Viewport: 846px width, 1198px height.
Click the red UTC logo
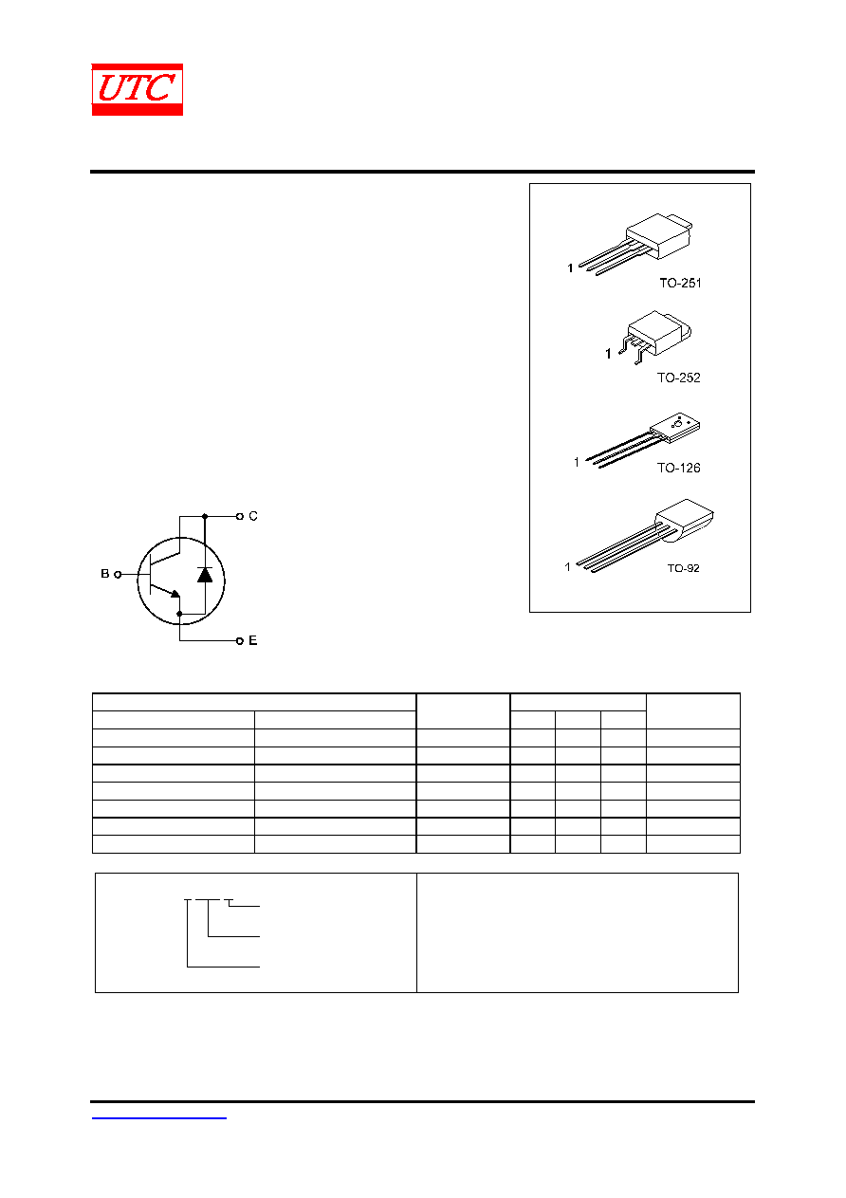[138, 89]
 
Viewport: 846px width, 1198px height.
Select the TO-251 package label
[680, 283]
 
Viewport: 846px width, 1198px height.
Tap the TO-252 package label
[679, 378]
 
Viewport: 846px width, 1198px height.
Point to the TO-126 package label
[679, 468]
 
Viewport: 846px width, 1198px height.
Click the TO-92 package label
[683, 568]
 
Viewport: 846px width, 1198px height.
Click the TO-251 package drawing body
[659, 235]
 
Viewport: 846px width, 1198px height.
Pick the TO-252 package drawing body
[659, 332]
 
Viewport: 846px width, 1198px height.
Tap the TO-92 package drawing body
[685, 520]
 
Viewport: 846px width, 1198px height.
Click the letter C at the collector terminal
[253, 516]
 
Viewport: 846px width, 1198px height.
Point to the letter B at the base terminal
[105, 573]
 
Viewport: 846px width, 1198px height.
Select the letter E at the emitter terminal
[253, 640]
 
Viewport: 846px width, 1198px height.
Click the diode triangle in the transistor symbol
[205, 575]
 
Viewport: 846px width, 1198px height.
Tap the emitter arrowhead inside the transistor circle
[175, 593]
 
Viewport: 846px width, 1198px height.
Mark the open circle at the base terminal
[118, 575]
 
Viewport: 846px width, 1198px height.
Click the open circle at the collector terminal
[240, 516]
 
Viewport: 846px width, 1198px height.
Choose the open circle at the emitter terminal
[240, 640]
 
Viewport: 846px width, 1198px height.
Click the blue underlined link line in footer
[158, 1118]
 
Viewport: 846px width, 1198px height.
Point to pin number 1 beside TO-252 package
[608, 354]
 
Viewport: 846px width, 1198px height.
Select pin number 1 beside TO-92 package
[567, 566]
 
